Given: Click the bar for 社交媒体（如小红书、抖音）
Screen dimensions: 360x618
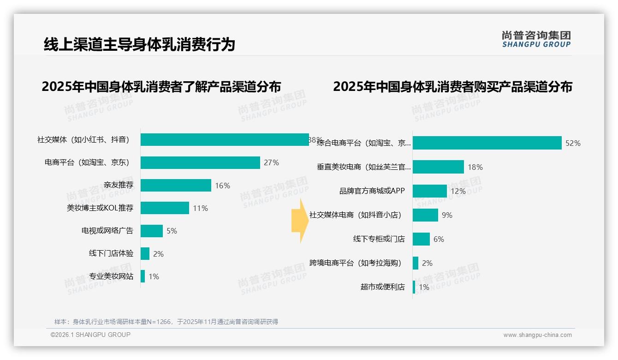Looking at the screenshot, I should [224, 139].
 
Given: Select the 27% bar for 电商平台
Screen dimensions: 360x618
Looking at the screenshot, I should [200, 162].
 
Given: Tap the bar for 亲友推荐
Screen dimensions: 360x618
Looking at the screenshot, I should [176, 185].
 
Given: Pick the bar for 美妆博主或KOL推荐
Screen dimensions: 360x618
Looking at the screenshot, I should [165, 208].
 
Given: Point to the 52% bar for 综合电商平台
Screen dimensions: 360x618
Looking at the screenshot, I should [487, 143].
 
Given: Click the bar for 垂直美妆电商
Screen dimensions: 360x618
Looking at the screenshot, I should [438, 167].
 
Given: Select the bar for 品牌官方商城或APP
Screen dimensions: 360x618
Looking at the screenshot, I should [430, 191].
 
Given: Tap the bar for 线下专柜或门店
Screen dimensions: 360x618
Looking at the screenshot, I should [421, 239].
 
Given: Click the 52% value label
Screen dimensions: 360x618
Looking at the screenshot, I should [573, 143].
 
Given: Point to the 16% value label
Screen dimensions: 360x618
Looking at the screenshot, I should [222, 186].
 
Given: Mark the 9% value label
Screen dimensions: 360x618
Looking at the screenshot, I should [447, 215].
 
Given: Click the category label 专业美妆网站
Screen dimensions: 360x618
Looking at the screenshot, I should [111, 276].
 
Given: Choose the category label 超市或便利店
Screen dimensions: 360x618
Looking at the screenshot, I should [382, 287].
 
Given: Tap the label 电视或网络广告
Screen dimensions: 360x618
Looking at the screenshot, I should [107, 231].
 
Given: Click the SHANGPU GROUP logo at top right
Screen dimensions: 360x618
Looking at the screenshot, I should [536, 39].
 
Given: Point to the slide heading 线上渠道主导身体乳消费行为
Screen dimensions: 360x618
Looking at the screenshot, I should [139, 44].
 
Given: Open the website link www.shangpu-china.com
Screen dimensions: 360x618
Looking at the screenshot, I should [537, 335].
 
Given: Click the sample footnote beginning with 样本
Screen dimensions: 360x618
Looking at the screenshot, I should [166, 322].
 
